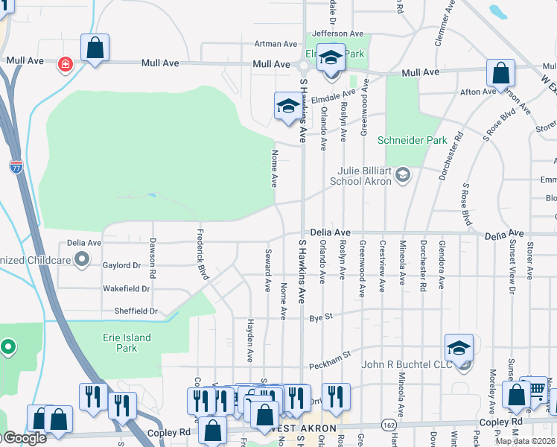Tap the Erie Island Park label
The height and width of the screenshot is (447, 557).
point(127,343)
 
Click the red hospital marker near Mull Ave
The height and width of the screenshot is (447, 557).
point(66,64)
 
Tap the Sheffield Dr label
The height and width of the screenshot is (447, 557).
point(136,311)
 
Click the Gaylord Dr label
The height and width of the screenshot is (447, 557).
point(121,264)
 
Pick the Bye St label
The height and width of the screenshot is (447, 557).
point(321,318)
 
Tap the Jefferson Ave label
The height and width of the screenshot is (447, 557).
point(337,34)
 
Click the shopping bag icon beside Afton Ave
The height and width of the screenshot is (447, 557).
point(501,74)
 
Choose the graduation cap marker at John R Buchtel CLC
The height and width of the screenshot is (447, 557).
point(459,348)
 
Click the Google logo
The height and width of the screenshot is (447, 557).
point(24,438)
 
